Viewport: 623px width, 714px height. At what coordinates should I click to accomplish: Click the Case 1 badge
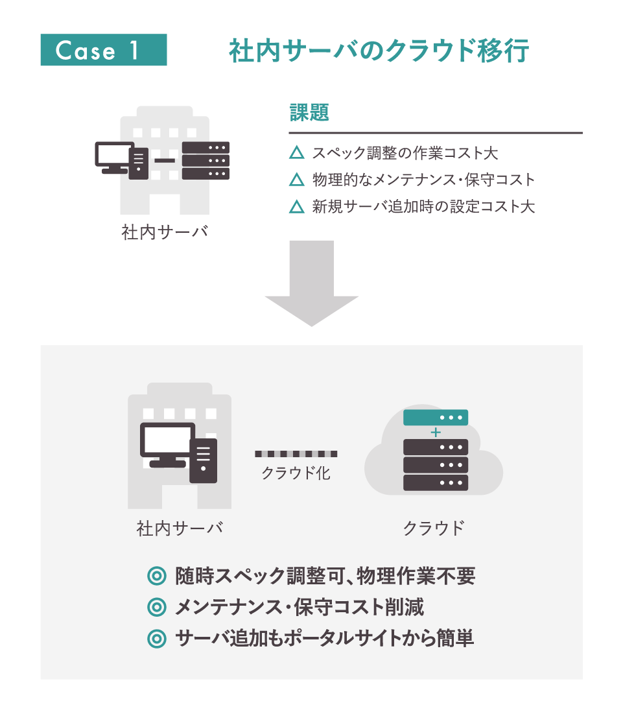(x=104, y=50)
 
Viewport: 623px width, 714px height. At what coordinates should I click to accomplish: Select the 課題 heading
(x=309, y=113)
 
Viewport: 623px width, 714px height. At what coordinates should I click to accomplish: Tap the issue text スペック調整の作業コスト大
(x=405, y=154)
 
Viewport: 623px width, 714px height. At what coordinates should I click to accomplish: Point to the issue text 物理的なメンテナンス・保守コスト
(x=423, y=180)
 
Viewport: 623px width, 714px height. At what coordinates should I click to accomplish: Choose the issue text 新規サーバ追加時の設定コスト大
(x=423, y=207)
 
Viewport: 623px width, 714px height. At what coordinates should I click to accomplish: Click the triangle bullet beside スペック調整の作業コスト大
(x=296, y=154)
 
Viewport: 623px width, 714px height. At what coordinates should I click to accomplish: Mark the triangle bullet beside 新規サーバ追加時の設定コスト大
(x=296, y=207)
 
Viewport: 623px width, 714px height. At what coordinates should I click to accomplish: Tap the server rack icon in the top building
(x=206, y=160)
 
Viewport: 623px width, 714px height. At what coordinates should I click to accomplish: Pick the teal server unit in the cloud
(x=436, y=417)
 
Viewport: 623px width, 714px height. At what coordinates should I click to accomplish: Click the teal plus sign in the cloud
(x=436, y=432)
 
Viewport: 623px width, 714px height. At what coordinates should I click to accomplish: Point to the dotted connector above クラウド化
(x=296, y=453)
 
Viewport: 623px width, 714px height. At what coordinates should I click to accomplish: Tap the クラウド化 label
(x=296, y=473)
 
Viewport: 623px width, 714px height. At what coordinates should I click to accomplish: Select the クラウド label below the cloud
(x=434, y=528)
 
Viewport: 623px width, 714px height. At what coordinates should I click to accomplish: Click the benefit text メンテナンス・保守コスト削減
(x=300, y=608)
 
